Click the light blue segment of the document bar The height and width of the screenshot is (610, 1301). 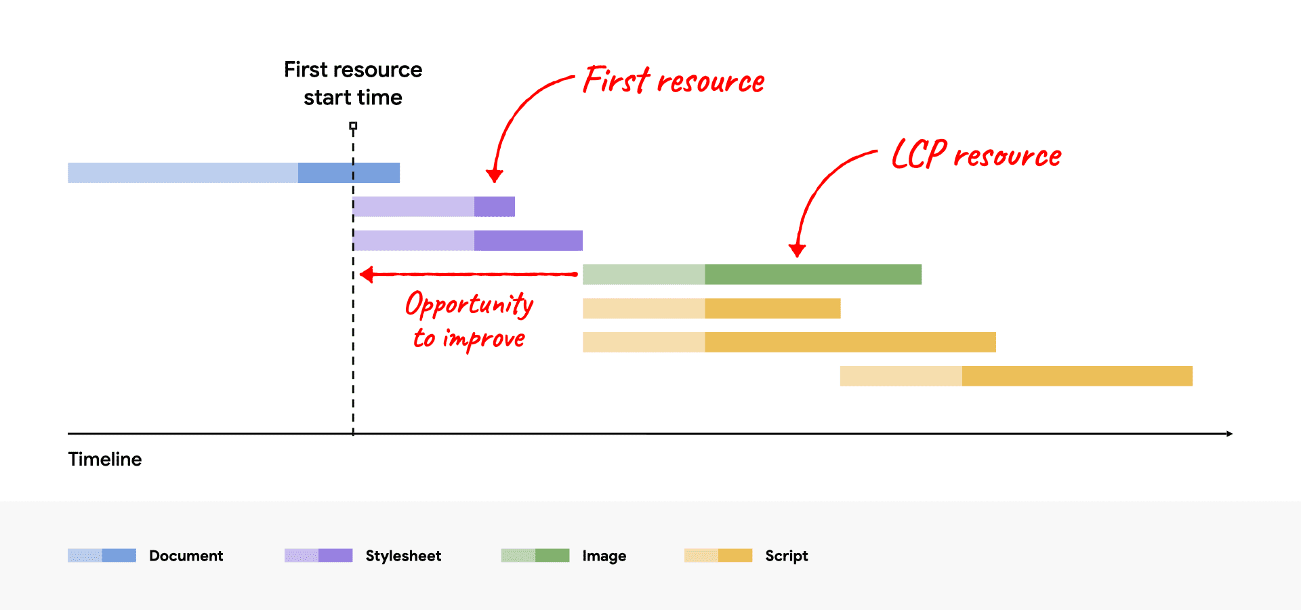click(183, 173)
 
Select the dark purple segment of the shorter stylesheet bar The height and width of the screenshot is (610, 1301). click(495, 207)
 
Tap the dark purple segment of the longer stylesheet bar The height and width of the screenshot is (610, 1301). click(529, 241)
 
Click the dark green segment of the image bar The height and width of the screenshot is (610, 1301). click(813, 274)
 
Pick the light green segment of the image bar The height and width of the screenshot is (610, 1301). click(644, 274)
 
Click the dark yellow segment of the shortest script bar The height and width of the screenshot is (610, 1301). click(772, 308)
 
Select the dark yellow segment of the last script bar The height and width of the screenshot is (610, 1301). click(1077, 376)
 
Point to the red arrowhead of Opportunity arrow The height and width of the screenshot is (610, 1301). click(367, 274)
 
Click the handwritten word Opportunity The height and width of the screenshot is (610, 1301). click(469, 304)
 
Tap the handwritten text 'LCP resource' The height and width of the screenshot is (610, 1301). click(976, 155)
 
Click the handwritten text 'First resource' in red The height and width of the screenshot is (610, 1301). click(674, 81)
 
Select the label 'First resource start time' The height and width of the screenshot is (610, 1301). click(353, 83)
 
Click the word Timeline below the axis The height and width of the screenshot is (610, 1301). click(105, 460)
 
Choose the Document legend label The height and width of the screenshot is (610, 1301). click(186, 556)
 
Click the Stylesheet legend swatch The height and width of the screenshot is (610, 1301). click(318, 556)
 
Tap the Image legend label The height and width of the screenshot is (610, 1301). click(604, 556)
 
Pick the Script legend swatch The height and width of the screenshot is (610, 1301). click(718, 556)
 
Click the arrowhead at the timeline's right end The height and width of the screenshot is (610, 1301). click(1228, 433)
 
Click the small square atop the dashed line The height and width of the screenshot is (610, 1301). click(353, 126)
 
